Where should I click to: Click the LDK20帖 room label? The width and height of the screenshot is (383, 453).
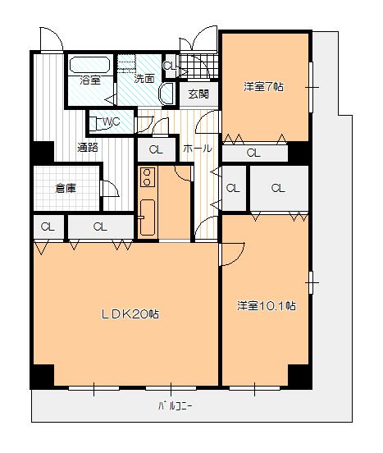[130, 313]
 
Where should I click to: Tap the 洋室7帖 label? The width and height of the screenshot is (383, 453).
[263, 86]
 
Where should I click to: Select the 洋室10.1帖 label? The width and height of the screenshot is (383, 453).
[266, 305]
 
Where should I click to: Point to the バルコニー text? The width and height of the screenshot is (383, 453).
[175, 406]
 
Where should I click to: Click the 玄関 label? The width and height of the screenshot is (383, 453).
[198, 94]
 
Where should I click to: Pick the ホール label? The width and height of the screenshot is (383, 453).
[198, 149]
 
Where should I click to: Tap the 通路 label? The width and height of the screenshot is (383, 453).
[88, 148]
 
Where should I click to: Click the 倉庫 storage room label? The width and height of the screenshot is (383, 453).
[66, 189]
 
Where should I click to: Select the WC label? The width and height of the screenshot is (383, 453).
[111, 121]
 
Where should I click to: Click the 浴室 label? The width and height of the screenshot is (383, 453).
[90, 80]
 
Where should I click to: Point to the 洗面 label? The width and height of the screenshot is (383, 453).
[144, 78]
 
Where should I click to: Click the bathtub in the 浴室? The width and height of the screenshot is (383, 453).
[90, 65]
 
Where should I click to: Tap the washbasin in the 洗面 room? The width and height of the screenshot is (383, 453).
[166, 94]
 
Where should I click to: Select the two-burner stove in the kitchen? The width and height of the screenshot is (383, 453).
[147, 177]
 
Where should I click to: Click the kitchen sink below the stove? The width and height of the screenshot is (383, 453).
[148, 217]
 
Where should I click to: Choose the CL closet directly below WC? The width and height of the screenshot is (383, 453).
[156, 149]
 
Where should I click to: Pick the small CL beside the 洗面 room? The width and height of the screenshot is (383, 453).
[170, 66]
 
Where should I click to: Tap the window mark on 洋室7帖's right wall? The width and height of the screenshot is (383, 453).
[312, 87]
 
